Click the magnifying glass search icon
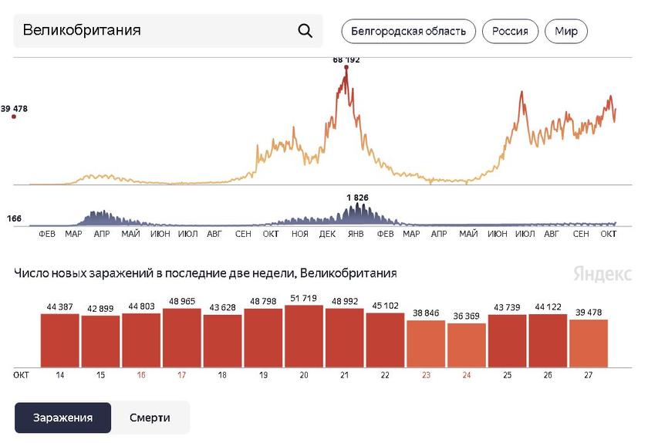pos(305,31)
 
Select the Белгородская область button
pos(408,32)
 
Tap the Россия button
pos(510,32)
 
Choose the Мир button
pos(566,32)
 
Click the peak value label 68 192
pos(346,59)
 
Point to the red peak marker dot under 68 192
pos(346,68)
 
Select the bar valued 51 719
pos(304,336)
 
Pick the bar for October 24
pos(467,345)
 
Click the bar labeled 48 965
pos(182,338)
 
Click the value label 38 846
pos(426,314)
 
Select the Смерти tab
pos(150,418)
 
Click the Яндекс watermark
pos(602,274)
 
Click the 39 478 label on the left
pos(15,109)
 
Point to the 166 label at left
pos(14,219)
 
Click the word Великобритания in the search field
pos(82,31)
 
